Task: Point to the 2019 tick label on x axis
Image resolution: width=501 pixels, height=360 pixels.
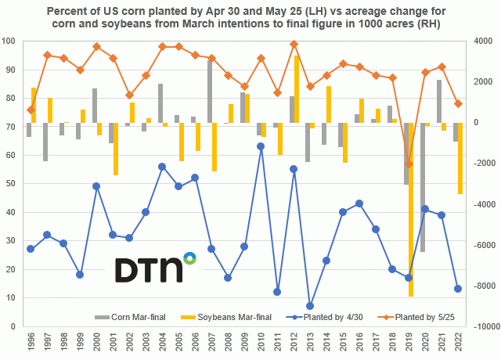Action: pos(409,341)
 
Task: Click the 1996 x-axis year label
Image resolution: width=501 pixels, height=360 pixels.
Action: pos(30,341)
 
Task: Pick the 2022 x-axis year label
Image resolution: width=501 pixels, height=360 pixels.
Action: pos(458,341)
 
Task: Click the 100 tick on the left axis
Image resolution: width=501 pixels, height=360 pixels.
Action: pos(10,41)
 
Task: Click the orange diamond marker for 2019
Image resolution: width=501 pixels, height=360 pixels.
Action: pos(409,164)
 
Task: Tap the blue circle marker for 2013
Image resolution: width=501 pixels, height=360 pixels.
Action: pos(310,306)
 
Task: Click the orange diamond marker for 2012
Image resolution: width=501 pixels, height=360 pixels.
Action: pos(294,44)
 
